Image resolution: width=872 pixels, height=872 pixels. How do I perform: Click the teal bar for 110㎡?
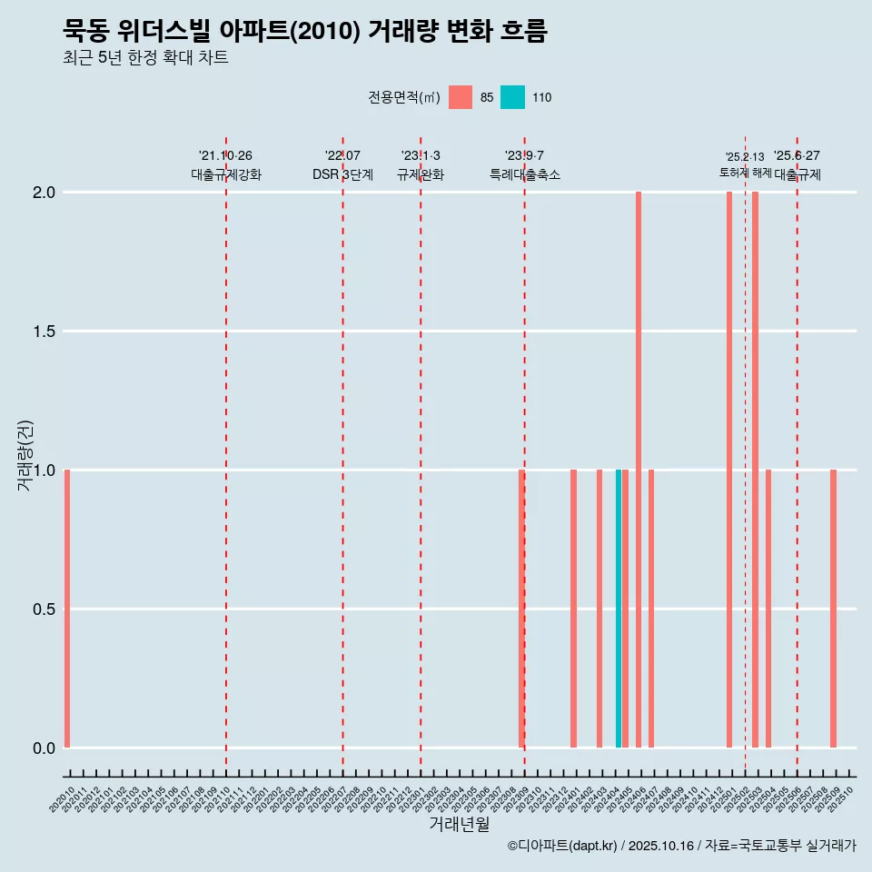[x=619, y=609]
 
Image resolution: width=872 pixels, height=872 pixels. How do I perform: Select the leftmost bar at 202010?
[x=67, y=609]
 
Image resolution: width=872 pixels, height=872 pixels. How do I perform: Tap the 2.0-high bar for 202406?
[x=639, y=470]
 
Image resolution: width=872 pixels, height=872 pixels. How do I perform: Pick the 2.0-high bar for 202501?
[x=729, y=470]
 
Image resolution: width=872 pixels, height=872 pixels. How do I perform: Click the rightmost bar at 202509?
[x=833, y=609]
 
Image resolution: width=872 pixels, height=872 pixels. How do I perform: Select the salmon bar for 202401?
[x=573, y=609]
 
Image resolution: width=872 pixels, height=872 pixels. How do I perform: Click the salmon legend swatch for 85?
[x=461, y=97]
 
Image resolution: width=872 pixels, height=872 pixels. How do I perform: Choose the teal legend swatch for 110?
[x=512, y=97]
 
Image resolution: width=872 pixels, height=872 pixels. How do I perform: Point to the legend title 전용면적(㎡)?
[x=404, y=97]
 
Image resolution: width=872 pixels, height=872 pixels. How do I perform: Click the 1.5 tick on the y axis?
[x=43, y=332]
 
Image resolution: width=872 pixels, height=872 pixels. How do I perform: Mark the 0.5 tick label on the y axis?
[x=43, y=609]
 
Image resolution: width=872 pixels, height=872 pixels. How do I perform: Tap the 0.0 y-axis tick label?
[x=43, y=748]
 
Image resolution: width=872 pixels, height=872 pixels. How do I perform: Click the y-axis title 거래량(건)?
[x=25, y=455]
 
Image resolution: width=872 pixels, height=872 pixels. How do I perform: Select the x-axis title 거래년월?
[x=459, y=825]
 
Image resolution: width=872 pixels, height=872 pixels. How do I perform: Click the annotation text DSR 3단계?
[x=342, y=174]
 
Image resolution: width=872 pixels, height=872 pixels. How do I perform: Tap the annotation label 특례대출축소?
[x=524, y=174]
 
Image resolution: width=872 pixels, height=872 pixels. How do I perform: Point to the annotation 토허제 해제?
[x=745, y=173]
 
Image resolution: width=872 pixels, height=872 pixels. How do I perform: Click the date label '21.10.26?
[x=225, y=156]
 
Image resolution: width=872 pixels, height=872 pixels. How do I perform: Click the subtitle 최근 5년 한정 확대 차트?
[x=145, y=58]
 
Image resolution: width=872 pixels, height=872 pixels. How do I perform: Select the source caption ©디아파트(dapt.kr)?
[x=563, y=846]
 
